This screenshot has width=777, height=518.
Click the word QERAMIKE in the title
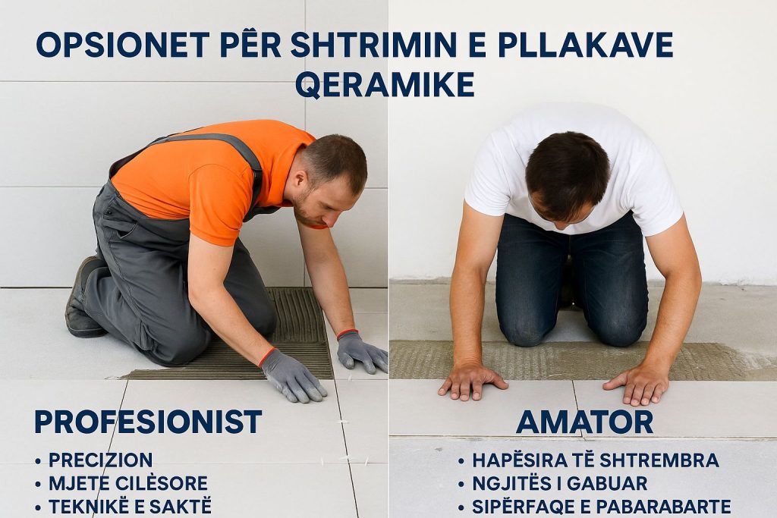[x=385, y=84]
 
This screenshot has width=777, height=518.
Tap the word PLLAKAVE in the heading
[x=585, y=45]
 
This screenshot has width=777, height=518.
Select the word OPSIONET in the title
[x=123, y=45]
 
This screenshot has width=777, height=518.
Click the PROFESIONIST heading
[x=148, y=422]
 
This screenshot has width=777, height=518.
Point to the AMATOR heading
[x=584, y=422]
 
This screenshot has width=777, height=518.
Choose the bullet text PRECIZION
[x=101, y=460]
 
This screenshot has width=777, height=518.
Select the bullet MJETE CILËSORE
[x=127, y=483]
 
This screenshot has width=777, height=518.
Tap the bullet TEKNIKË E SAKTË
[x=130, y=506]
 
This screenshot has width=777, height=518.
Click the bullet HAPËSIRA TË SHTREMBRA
[x=596, y=460]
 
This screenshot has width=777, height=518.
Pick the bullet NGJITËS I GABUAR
[x=560, y=483]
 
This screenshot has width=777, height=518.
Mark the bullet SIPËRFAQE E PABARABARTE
[x=602, y=506]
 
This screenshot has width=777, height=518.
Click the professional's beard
[x=305, y=211]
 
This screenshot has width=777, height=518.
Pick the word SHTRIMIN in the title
[x=373, y=45]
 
